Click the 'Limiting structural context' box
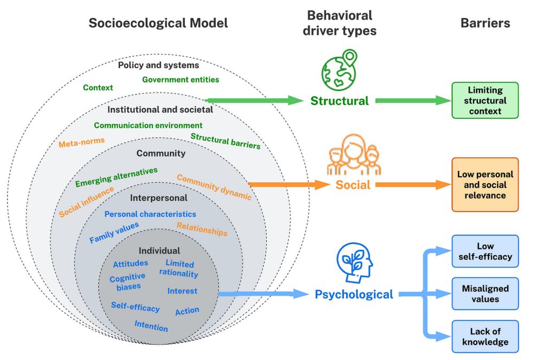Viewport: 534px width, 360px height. click(x=485, y=100)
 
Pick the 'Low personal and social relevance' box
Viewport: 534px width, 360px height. click(x=485, y=185)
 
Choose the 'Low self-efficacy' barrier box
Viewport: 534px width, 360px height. click(x=485, y=251)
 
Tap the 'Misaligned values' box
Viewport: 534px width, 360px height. click(x=485, y=293)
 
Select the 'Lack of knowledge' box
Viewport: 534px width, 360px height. click(x=485, y=336)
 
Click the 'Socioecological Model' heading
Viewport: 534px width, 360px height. click(x=158, y=23)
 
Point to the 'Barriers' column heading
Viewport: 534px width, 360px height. click(x=485, y=23)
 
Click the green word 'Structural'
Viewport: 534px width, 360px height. click(x=340, y=100)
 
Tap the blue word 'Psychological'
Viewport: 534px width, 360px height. click(x=354, y=294)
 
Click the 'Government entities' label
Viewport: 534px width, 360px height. click(x=180, y=80)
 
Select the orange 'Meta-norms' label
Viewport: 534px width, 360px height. click(x=82, y=143)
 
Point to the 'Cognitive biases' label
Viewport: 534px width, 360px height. click(x=127, y=281)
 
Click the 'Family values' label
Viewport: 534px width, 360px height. click(x=114, y=233)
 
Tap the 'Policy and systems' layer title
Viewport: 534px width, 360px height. click(x=159, y=65)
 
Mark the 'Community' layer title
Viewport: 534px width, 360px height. click(x=161, y=153)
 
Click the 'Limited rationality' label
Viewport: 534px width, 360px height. click(x=179, y=269)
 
